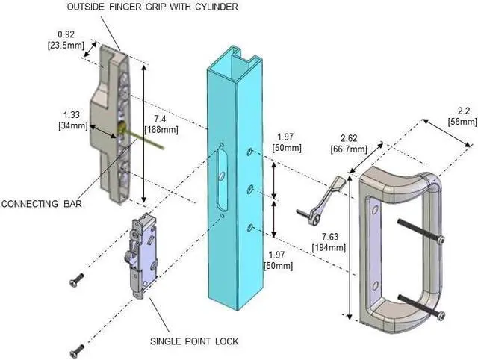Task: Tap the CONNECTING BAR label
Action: pyautogui.click(x=40, y=202)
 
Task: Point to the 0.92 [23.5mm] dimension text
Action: pyautogui.click(x=70, y=39)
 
